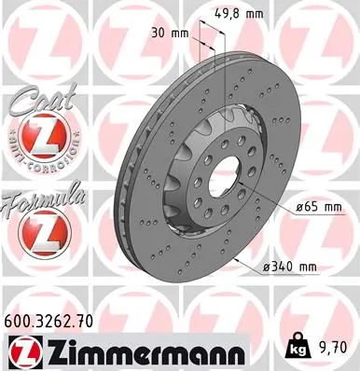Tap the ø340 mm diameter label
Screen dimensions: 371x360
pos(290,268)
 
